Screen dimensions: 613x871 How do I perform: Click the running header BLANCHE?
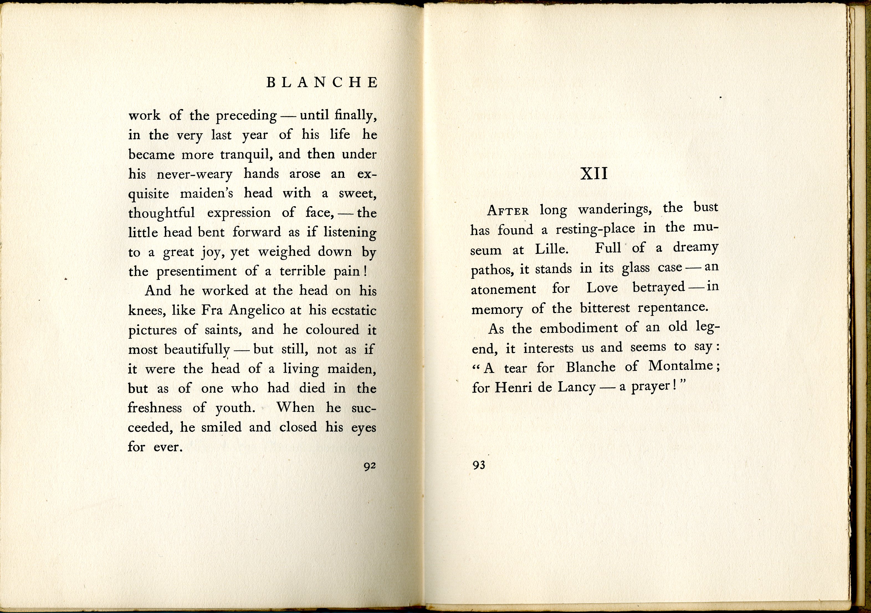[x=322, y=83]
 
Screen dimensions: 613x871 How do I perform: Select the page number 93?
[x=479, y=465]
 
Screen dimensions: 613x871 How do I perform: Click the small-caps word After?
[x=508, y=211]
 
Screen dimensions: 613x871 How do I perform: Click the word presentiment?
[x=196, y=272]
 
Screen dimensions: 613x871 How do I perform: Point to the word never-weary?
[x=194, y=175]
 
